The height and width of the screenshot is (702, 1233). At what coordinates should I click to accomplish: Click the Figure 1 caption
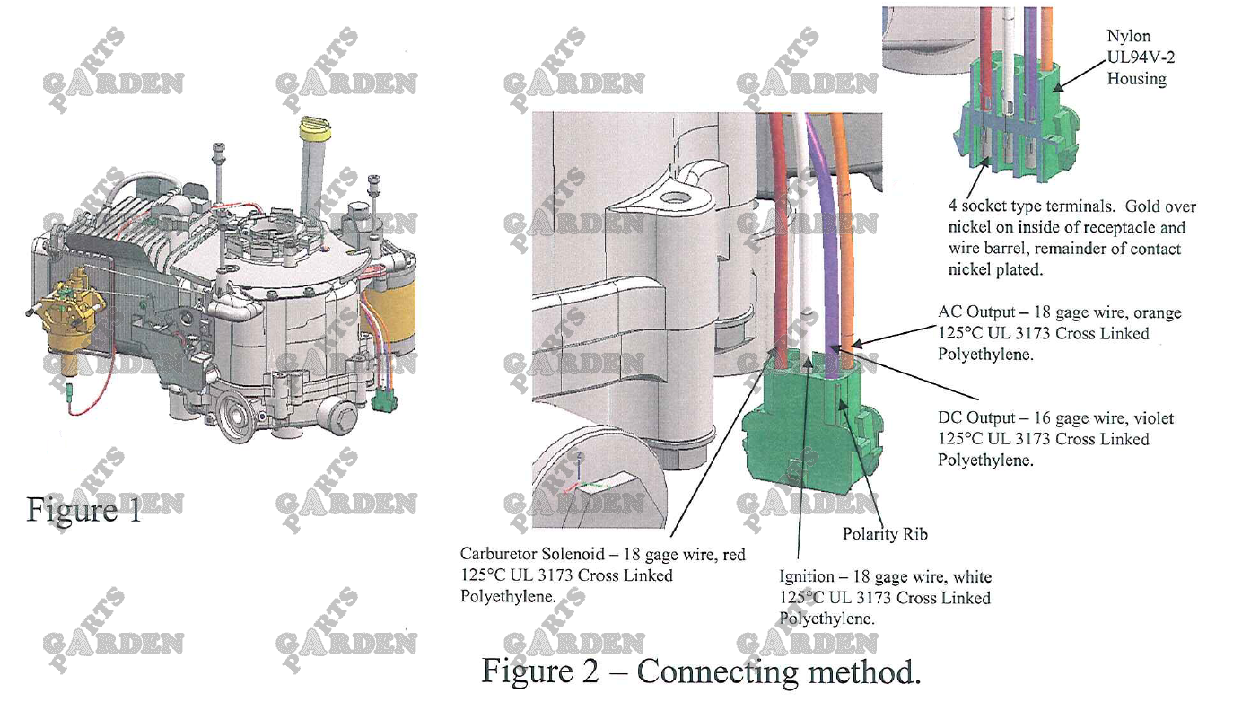pos(83,510)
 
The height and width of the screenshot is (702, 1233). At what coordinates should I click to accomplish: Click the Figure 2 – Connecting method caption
pos(701,671)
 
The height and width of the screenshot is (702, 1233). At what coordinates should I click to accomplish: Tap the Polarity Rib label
pos(884,534)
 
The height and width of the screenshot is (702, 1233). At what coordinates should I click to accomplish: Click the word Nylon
pos(1129,37)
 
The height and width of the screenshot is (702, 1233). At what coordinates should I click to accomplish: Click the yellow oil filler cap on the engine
pos(314,127)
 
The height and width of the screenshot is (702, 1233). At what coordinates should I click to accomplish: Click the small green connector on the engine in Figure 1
pos(387,399)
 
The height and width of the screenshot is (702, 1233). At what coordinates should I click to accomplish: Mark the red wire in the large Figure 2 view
pos(777,242)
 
